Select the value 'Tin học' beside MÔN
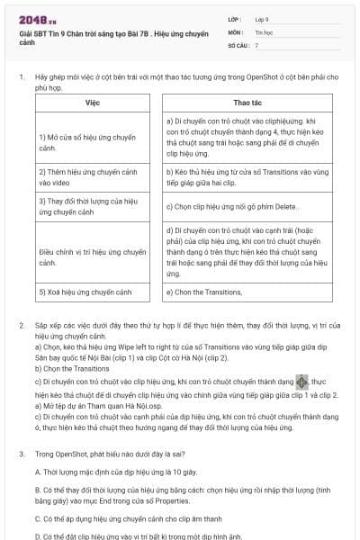pyautogui.click(x=262, y=31)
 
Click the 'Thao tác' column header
pyautogui.click(x=247, y=103)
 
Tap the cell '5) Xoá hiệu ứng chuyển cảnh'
pyautogui.click(x=85, y=292)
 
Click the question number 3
pyautogui.click(x=22, y=454)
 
